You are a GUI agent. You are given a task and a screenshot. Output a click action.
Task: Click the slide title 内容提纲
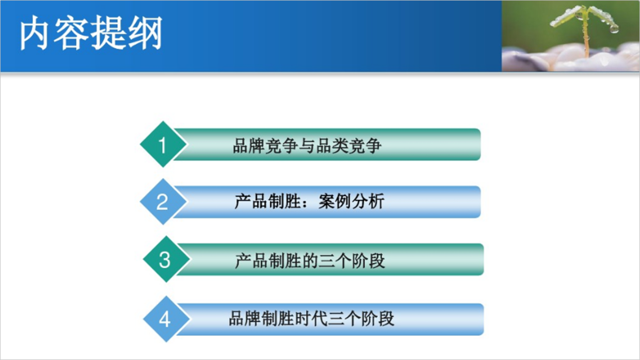coord(91,35)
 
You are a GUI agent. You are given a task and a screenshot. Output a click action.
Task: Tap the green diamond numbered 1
coord(163,145)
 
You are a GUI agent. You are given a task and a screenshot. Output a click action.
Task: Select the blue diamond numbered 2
coord(162,202)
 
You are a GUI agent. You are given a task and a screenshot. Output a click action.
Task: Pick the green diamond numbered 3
coord(165,259)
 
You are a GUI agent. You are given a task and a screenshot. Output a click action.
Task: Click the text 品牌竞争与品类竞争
coord(307,146)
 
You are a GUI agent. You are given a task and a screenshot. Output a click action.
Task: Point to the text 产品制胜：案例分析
coord(309,201)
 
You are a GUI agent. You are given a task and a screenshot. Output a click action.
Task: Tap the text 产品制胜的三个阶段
coord(310,260)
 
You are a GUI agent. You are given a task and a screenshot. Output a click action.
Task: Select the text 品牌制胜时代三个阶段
coord(311,318)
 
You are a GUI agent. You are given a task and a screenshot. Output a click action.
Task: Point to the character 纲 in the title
coord(146,35)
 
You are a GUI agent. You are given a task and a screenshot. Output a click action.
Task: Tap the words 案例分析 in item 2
coord(351,201)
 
